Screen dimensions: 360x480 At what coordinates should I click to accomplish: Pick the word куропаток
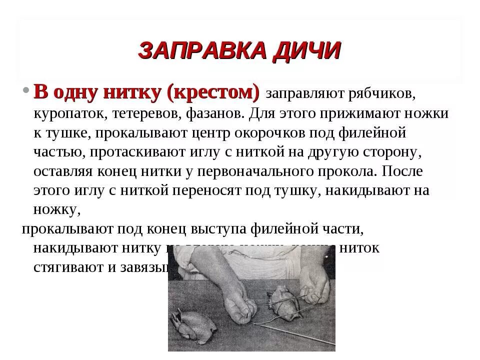69,113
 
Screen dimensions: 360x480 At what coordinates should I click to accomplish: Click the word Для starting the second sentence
263,113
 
